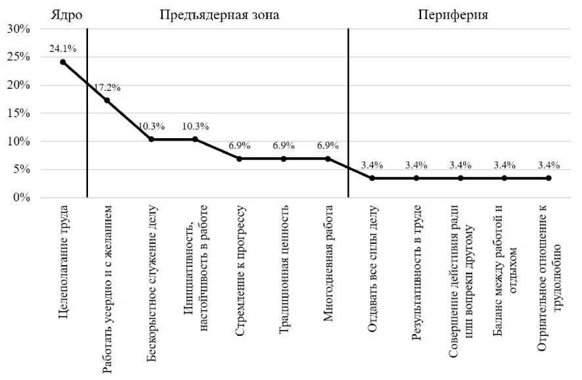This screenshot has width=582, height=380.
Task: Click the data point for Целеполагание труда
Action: tap(63, 62)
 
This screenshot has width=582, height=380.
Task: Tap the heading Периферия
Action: tap(453, 15)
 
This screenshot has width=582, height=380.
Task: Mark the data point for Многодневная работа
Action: tap(328, 158)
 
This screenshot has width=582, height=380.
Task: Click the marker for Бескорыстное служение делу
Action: tap(151, 139)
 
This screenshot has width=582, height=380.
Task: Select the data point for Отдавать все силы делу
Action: tap(372, 178)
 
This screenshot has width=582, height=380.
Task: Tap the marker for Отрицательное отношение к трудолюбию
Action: tap(548, 178)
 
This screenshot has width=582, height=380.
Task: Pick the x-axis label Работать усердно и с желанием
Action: tap(108, 289)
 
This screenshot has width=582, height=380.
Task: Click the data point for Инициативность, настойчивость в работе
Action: tap(195, 139)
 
